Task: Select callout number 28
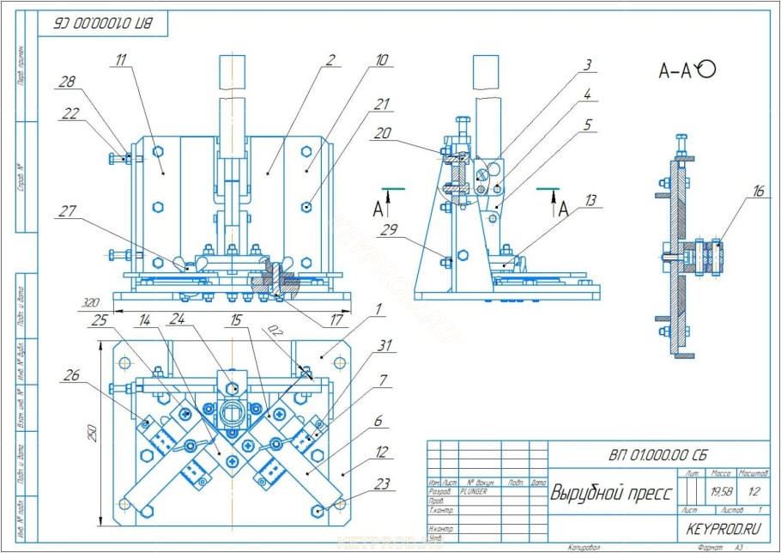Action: tap(67, 82)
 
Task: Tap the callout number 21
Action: tap(382, 105)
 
